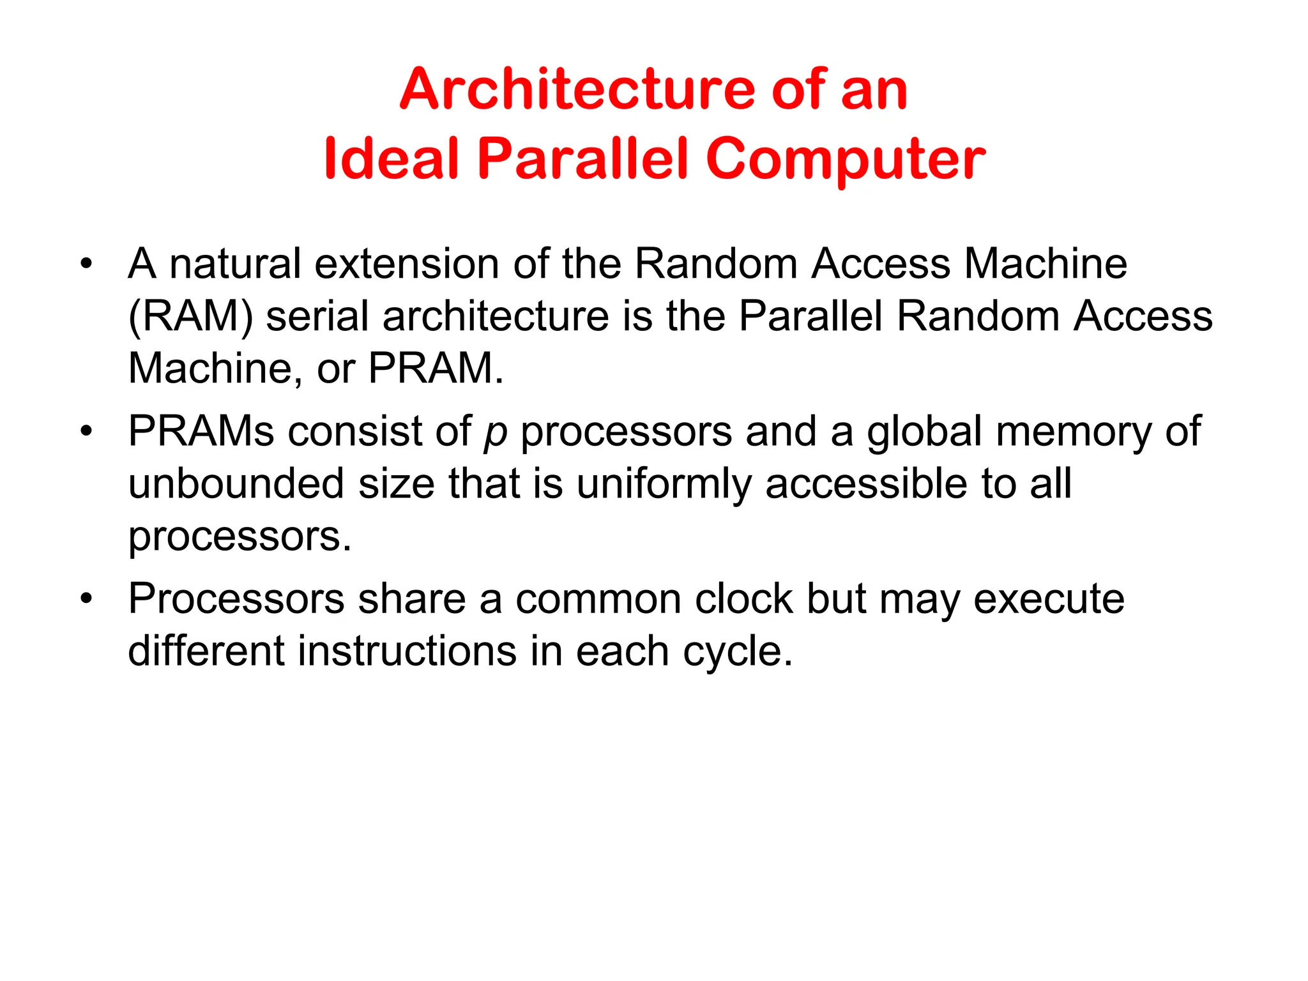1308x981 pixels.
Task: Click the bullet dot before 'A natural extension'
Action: pyautogui.click(x=86, y=263)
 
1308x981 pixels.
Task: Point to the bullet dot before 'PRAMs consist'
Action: pyautogui.click(x=86, y=431)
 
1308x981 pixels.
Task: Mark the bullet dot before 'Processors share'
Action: pyautogui.click(x=86, y=599)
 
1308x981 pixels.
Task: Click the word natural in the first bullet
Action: pyautogui.click(x=234, y=263)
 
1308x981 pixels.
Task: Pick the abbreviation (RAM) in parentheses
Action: pyautogui.click(x=190, y=316)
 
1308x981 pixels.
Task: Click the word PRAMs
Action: pyautogui.click(x=201, y=431)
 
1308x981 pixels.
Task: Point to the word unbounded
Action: pyautogui.click(x=236, y=483)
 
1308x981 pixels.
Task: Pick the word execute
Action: pyautogui.click(x=1049, y=599)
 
